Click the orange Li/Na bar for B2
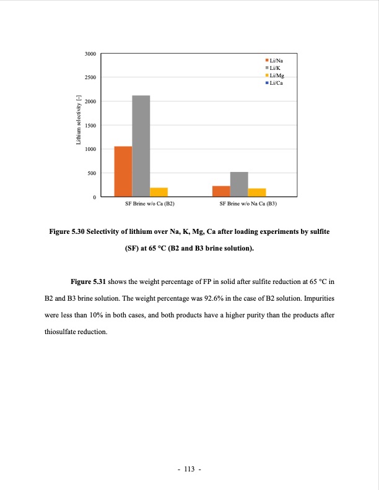pos(123,171)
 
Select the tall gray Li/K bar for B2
pos(141,146)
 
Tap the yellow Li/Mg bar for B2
pos(159,192)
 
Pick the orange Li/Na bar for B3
pos(221,191)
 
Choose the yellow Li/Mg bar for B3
pos(257,192)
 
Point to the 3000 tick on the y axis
pos(90,54)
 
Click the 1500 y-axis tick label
pos(90,126)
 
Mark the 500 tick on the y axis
pos(92,173)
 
